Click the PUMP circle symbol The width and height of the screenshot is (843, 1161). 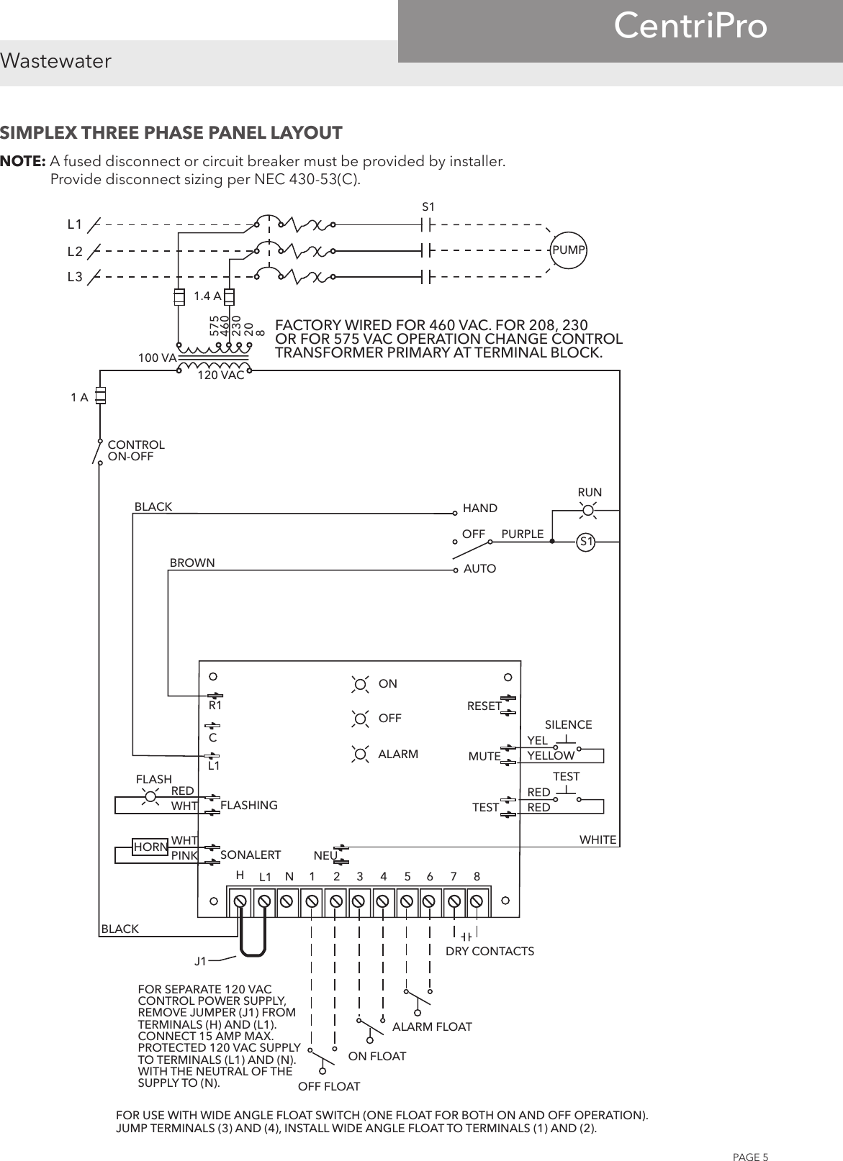(x=568, y=250)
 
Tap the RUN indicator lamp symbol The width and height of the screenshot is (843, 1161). (x=589, y=511)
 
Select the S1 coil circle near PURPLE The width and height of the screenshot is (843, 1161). (x=587, y=541)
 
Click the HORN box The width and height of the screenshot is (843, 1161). (x=150, y=847)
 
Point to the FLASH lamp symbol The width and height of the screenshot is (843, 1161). (x=151, y=796)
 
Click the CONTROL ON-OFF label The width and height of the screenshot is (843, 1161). (x=135, y=450)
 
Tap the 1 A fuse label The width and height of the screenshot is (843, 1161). (x=79, y=397)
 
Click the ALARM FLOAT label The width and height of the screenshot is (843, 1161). (x=432, y=1026)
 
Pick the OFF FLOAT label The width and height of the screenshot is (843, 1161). (x=329, y=1085)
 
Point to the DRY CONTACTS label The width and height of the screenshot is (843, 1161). (x=490, y=951)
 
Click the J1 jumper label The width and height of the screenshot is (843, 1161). (x=201, y=960)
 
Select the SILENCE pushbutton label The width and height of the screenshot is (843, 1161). (x=568, y=724)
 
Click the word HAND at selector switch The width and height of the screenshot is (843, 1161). (x=480, y=508)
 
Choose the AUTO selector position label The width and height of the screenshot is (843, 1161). (x=480, y=568)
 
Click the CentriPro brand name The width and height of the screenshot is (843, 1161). (x=690, y=27)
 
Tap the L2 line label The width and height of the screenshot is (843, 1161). (x=75, y=251)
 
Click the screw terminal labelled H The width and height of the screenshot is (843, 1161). (x=241, y=901)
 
